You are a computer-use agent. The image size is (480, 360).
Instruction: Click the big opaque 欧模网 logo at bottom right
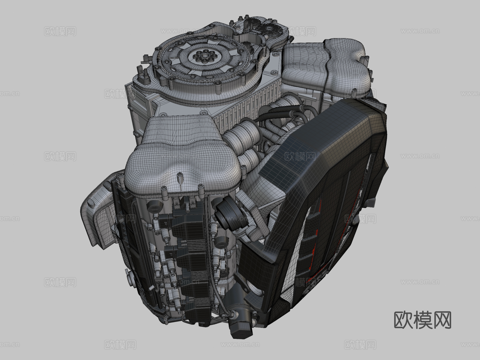tap(422, 320)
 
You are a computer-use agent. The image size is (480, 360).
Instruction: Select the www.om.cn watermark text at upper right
tap(420, 31)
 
